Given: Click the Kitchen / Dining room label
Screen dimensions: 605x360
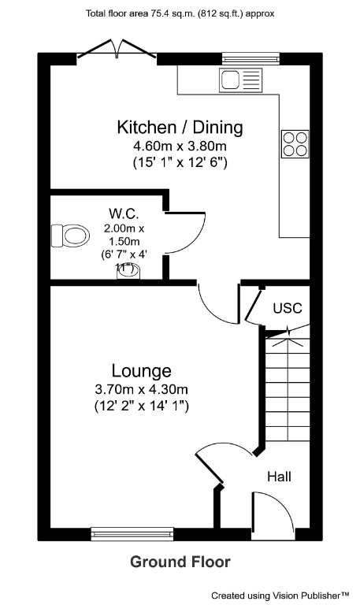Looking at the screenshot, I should (x=180, y=127).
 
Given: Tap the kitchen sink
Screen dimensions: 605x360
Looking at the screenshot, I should (x=241, y=80).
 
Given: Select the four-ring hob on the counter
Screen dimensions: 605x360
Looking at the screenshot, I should (x=295, y=144).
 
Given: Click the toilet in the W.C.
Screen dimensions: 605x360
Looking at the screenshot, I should (x=71, y=235).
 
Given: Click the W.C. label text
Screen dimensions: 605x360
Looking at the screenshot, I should (x=124, y=213).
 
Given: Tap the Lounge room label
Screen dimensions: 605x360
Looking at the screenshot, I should (x=142, y=370).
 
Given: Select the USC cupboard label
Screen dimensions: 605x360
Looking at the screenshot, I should (x=287, y=308).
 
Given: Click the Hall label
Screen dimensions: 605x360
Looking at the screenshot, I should (x=279, y=477).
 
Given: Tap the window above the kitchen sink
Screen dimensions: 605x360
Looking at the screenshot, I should (x=251, y=58).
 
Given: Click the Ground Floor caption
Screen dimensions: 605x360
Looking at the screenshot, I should (x=180, y=562).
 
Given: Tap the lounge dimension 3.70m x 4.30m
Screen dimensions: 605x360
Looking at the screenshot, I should (x=142, y=389).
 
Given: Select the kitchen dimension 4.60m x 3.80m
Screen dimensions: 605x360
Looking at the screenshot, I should (x=180, y=146).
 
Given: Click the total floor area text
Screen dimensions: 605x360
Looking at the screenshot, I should (x=180, y=13).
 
